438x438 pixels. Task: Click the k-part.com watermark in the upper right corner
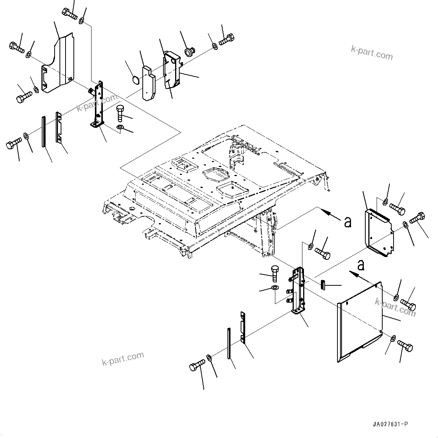371,53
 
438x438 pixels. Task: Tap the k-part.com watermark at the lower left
123,358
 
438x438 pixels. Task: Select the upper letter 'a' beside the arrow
348,222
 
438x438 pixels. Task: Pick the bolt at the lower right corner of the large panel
405,346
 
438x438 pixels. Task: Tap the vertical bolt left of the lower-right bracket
275,272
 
